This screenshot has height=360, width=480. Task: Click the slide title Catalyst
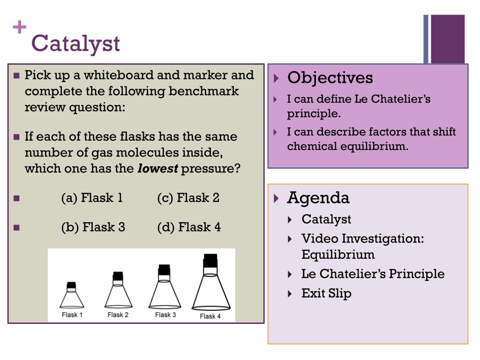75,44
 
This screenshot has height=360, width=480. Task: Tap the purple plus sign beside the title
19,28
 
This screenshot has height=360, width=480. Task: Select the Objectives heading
330,78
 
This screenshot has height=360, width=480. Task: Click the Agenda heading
318,198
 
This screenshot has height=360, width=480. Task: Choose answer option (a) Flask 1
92,198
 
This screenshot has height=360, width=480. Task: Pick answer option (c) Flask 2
188,198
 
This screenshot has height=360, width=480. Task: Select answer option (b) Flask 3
93,227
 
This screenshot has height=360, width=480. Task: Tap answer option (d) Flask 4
189,227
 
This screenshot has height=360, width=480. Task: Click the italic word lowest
157,169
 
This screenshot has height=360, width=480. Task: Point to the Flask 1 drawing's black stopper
71,285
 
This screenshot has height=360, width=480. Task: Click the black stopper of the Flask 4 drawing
210,261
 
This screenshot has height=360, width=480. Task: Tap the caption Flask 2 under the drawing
118,315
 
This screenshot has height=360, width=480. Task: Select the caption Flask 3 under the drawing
165,315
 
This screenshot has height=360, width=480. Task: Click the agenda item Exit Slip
326,293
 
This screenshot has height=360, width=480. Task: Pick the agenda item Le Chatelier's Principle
373,274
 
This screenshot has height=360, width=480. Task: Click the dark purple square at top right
448,38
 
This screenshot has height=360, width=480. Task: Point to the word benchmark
203,91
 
